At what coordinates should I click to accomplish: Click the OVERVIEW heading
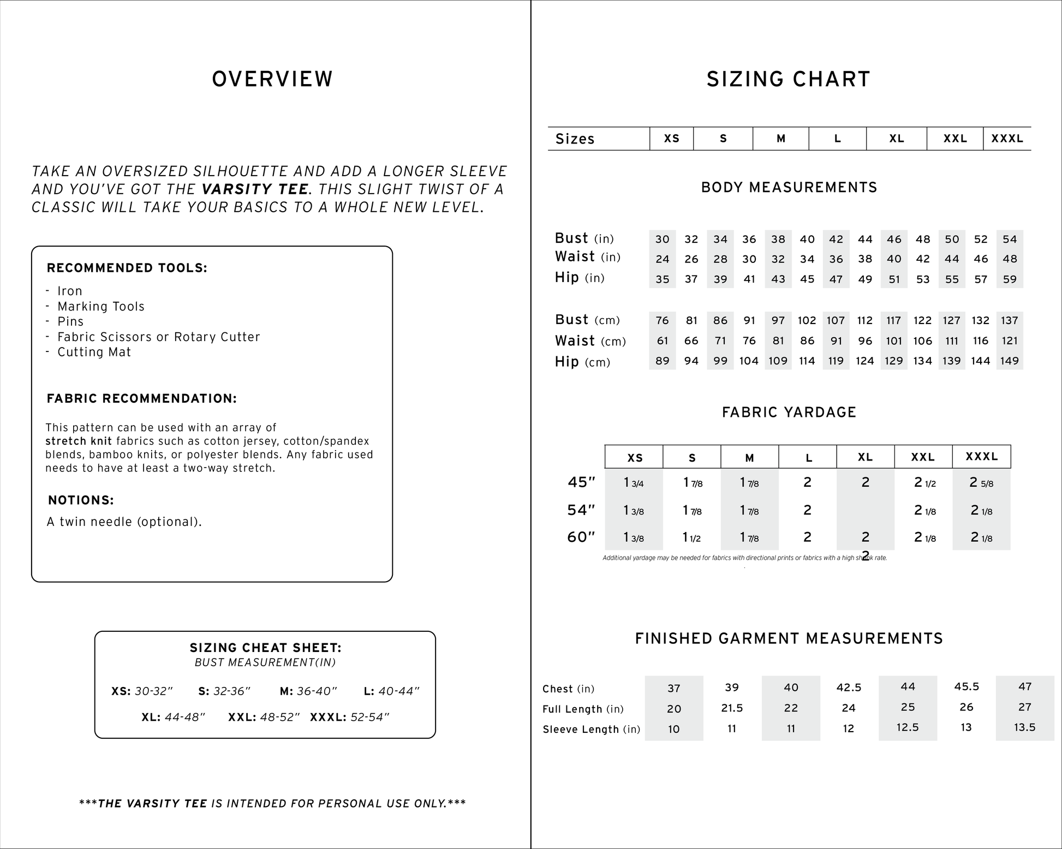click(x=272, y=79)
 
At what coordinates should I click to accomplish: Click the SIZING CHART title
click(x=788, y=80)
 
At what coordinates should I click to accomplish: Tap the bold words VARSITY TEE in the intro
click(x=255, y=189)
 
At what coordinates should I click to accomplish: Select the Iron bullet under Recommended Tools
click(x=70, y=291)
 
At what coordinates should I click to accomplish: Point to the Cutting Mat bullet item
click(x=94, y=352)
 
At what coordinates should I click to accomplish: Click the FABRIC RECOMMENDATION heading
click(x=142, y=399)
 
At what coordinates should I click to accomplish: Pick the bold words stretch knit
click(x=79, y=441)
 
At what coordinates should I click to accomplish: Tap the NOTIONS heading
click(x=81, y=500)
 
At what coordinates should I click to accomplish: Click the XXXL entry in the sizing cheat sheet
click(x=349, y=718)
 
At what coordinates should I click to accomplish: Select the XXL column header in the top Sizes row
click(x=955, y=139)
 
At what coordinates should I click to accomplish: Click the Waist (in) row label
click(x=587, y=257)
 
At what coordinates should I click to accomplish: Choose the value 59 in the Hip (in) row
click(x=1010, y=279)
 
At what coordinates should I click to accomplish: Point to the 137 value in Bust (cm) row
click(x=1010, y=320)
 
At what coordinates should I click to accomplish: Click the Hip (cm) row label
click(x=582, y=362)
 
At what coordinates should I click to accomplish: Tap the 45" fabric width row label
click(x=581, y=482)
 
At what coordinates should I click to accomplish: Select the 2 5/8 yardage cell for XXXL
click(x=981, y=482)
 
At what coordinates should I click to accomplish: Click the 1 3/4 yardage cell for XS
click(x=634, y=483)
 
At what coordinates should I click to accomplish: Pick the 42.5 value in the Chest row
click(x=849, y=687)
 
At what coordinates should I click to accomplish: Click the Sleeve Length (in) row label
click(x=591, y=730)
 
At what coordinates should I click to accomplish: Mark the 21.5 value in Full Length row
click(x=732, y=708)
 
